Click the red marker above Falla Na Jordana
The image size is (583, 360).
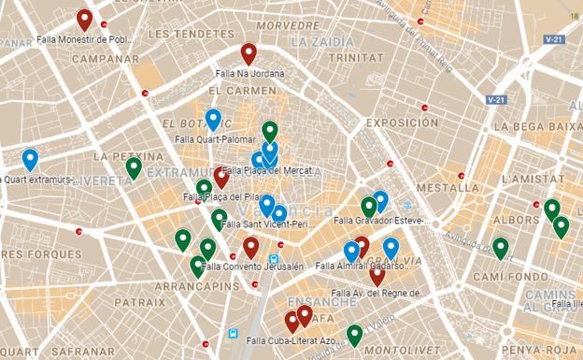249,53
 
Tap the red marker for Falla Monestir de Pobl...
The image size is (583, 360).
84,20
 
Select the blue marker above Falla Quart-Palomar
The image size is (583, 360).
213,120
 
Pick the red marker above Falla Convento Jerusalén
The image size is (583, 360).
250,247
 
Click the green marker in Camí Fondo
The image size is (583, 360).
501,247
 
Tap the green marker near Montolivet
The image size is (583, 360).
354,335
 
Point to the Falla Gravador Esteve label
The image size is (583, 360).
382,222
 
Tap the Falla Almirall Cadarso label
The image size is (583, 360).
363,266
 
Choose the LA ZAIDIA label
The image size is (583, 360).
321,42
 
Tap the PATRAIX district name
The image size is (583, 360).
140,303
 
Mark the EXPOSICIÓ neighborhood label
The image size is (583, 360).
402,122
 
